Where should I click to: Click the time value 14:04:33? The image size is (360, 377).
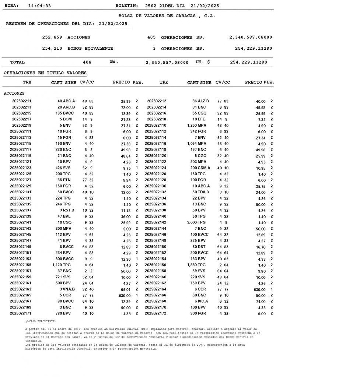pos(39,6)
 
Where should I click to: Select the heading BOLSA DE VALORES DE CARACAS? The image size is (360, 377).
pos(167,16)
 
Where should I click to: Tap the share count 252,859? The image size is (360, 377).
pos(52,38)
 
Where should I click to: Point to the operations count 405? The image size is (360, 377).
pos(151,38)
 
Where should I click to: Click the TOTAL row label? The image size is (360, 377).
pos(17,63)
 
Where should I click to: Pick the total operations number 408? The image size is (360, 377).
pos(87,63)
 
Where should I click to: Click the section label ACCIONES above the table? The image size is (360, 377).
pos(14,94)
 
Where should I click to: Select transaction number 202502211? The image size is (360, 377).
pos(22,101)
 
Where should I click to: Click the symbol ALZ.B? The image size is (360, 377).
pos(204,101)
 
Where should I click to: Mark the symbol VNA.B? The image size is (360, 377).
pos(69,289)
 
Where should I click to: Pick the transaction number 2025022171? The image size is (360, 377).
pos(21,313)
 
